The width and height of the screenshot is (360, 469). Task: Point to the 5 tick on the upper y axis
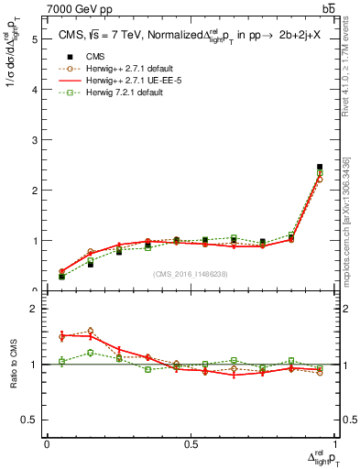(x=35, y=40)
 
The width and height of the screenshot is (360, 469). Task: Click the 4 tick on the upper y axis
(x=35, y=91)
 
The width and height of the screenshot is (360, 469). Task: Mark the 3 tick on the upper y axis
(x=35, y=141)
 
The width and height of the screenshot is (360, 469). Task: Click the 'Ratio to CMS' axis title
(x=13, y=364)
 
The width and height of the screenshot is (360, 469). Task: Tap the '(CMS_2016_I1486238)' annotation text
(x=191, y=274)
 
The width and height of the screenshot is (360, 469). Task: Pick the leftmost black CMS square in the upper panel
(x=61, y=277)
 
